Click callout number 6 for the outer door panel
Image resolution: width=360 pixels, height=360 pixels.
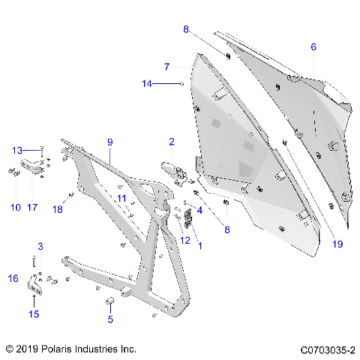point(313,47)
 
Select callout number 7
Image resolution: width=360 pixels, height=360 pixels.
point(166,66)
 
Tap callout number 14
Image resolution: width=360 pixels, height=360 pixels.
point(147,84)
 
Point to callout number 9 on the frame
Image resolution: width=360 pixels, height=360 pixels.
point(109,141)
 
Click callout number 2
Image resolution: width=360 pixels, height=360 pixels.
point(171,141)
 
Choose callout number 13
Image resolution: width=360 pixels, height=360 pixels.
point(17,151)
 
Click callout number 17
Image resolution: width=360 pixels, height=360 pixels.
point(32,207)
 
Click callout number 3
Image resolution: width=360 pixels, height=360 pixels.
point(41,246)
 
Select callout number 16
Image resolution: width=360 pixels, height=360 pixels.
point(13,278)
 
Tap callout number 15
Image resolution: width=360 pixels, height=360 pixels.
point(33,313)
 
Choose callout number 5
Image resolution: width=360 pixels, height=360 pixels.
point(110,319)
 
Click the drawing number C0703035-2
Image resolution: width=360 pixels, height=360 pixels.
point(328,349)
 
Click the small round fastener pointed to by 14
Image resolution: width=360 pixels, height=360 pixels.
point(183,84)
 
